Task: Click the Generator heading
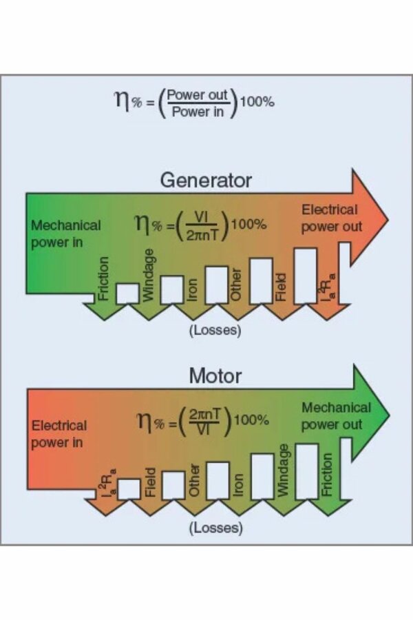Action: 206,180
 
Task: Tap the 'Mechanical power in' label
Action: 65,234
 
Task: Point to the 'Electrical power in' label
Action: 59,433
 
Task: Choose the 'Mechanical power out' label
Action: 335,415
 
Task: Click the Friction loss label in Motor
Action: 328,473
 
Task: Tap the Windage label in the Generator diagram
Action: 149,276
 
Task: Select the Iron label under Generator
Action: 193,290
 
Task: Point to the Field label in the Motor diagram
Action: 150,483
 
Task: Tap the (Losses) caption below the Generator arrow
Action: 215,330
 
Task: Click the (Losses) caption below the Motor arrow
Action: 215,528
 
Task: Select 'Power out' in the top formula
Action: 198,96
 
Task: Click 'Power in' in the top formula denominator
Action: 198,110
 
